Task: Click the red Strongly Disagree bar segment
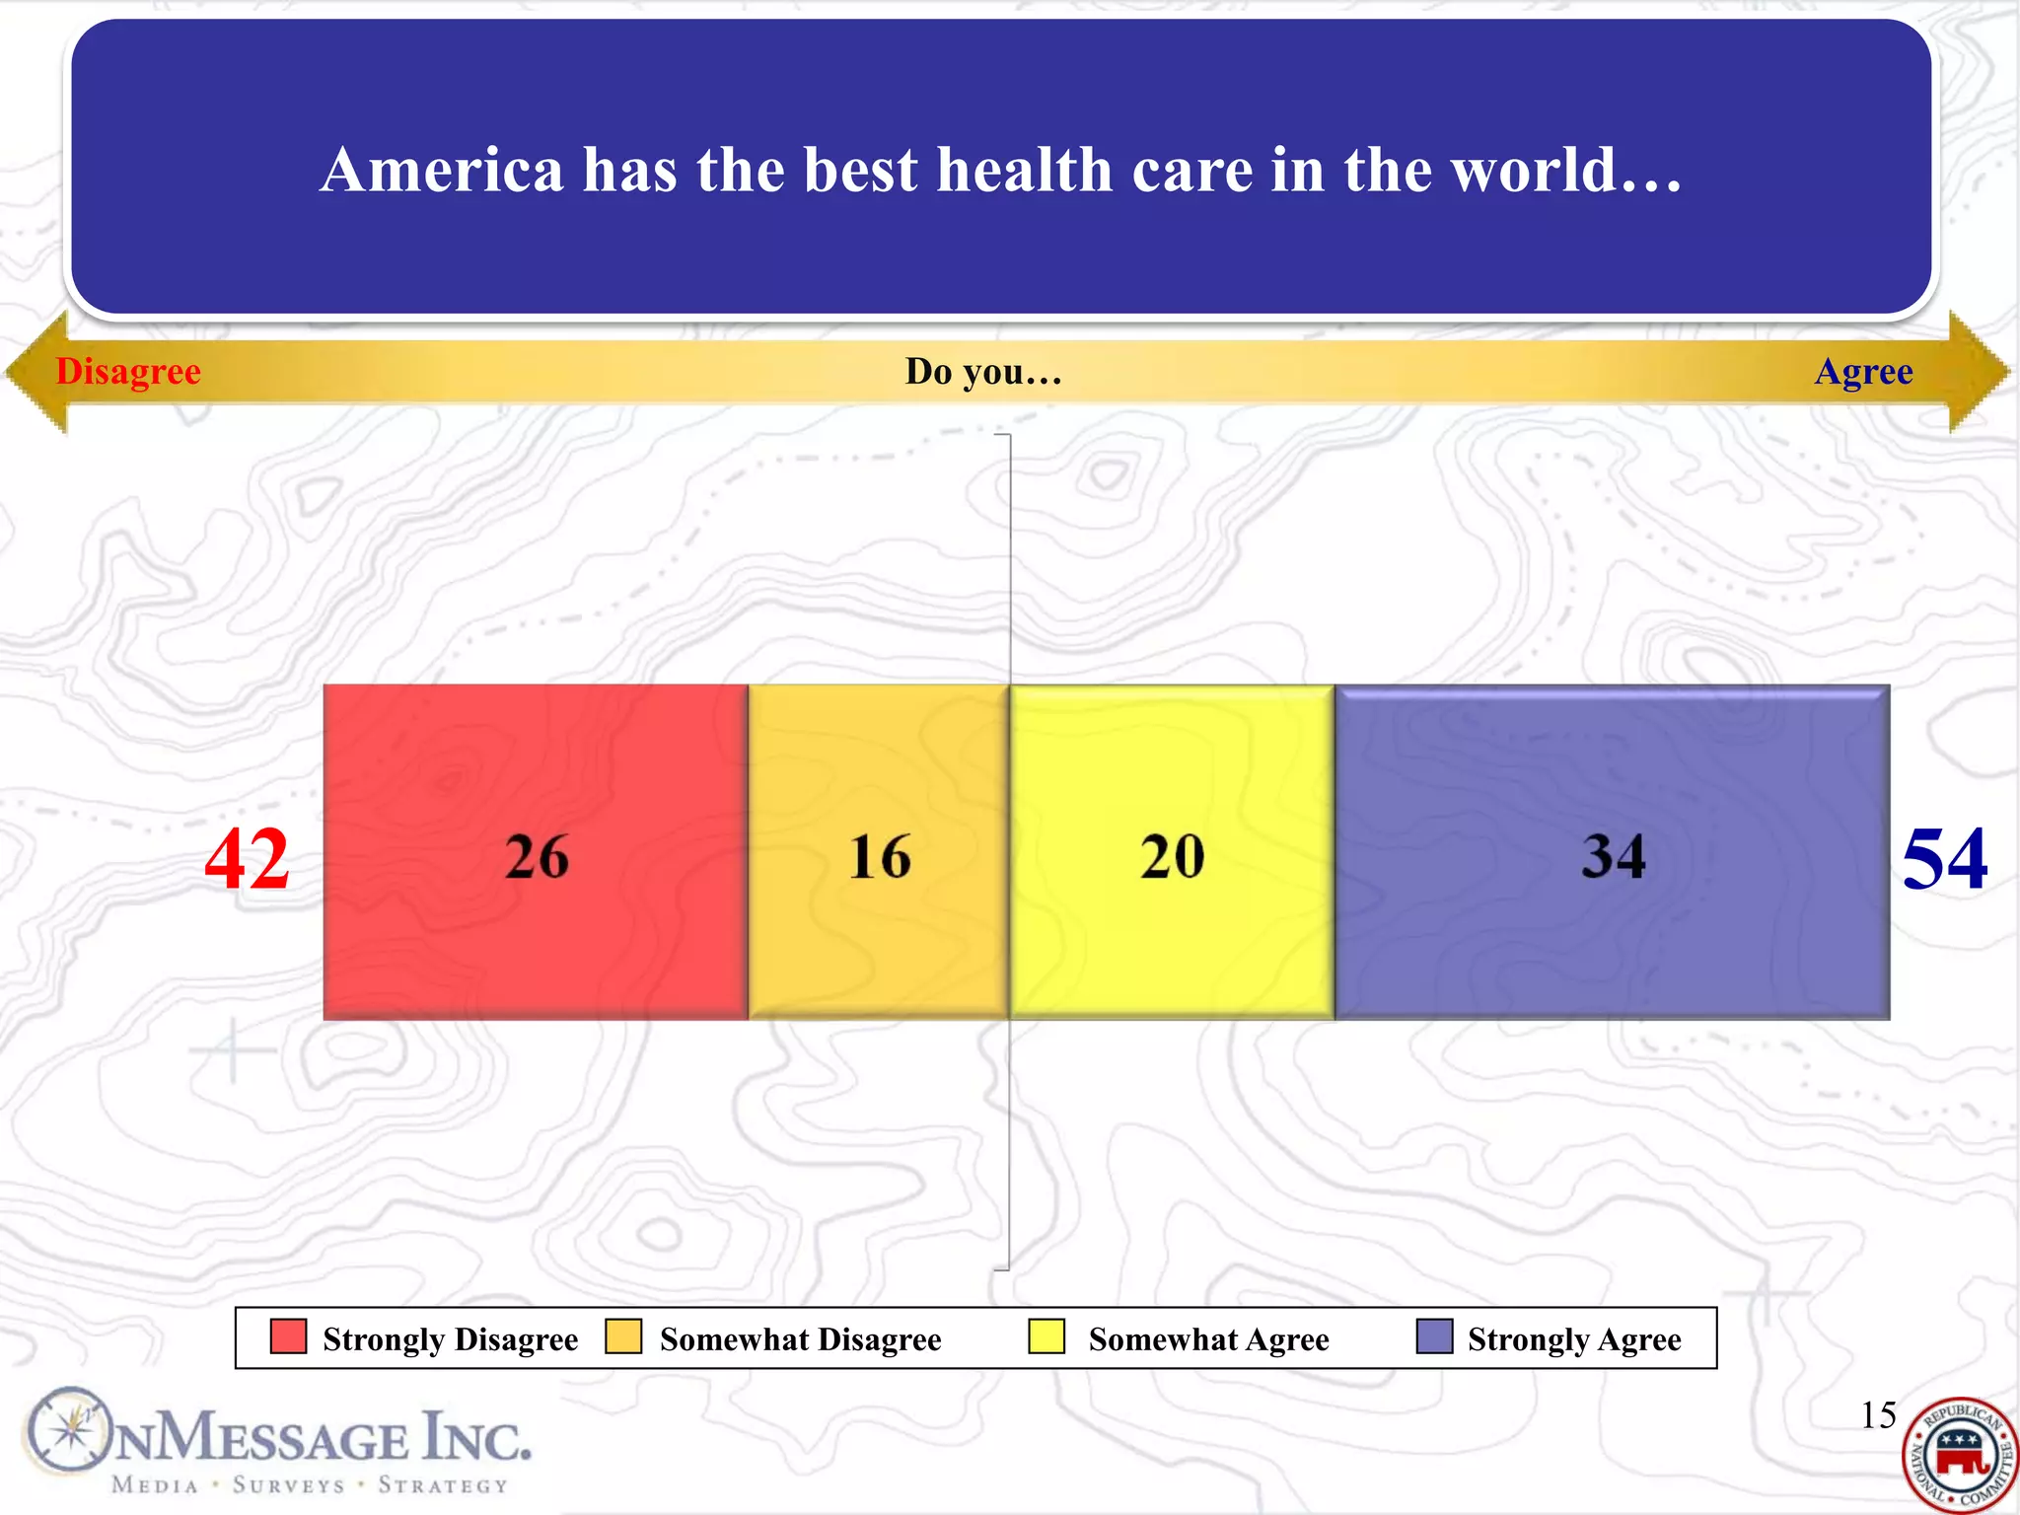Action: click(x=536, y=852)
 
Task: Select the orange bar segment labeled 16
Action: click(x=879, y=852)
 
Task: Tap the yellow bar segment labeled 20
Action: click(x=1172, y=852)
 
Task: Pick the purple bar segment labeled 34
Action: click(x=1613, y=852)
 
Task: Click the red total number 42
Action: click(x=247, y=859)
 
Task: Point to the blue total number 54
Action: click(x=1944, y=859)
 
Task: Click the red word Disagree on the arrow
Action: click(x=128, y=372)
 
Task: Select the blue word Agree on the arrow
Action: click(x=1863, y=372)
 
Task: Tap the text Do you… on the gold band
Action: click(x=983, y=372)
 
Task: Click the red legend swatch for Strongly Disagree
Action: click(x=288, y=1336)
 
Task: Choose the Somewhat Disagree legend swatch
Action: click(x=623, y=1336)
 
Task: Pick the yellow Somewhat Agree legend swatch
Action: click(x=1046, y=1336)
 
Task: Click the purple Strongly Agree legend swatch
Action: click(x=1434, y=1336)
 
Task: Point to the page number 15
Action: click(x=1878, y=1414)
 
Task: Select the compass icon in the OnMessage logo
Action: click(x=67, y=1430)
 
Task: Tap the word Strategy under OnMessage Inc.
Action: click(x=443, y=1485)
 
